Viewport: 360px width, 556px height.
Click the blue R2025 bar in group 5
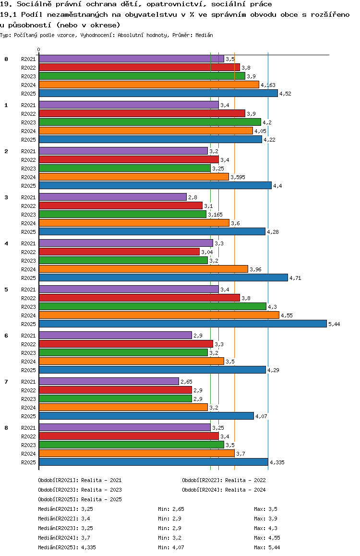(x=182, y=324)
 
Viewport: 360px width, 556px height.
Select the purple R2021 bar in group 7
(x=108, y=381)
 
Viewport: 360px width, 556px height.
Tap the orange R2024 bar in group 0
(x=149, y=85)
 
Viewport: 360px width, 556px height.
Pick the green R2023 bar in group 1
(x=150, y=122)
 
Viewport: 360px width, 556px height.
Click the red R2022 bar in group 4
(x=119, y=252)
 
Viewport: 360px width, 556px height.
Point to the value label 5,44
(x=334, y=324)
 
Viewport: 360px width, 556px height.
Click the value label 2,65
(x=186, y=382)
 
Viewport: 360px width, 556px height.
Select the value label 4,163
(x=268, y=85)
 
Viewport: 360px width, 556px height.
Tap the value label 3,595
(x=238, y=177)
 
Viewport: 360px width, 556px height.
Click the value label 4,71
(x=295, y=278)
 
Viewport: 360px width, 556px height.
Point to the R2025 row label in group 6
(x=28, y=370)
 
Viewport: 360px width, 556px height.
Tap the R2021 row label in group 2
(x=28, y=151)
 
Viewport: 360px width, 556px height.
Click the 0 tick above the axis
(x=39, y=50)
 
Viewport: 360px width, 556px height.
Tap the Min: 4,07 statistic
(x=171, y=547)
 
